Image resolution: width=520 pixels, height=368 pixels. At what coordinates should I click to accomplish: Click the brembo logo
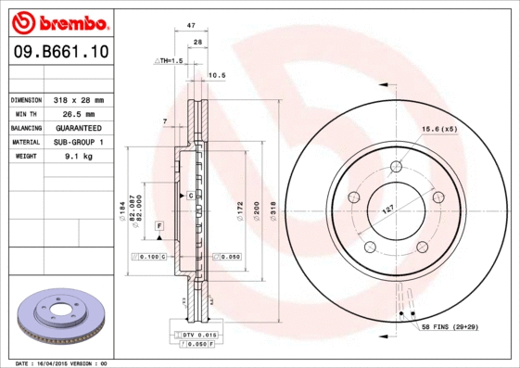57,21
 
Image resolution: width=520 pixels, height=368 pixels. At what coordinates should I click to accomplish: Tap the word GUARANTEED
78,127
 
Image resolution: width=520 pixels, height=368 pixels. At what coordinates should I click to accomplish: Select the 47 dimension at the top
190,28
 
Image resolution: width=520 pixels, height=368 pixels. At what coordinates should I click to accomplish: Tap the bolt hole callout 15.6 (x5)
439,129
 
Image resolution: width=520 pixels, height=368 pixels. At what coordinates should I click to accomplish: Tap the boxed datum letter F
159,226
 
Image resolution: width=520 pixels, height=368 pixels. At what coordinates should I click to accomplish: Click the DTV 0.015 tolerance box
196,334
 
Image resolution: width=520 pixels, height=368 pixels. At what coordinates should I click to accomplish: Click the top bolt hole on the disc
396,167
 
